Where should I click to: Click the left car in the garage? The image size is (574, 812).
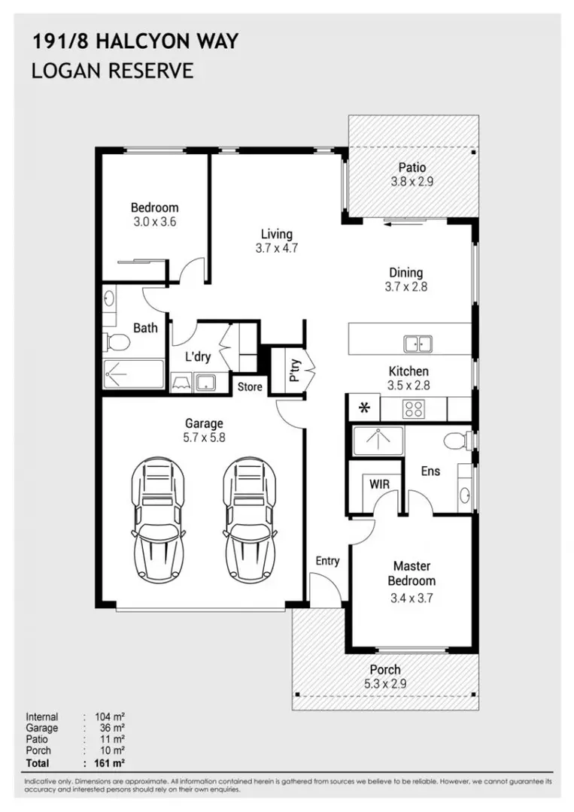tap(158, 519)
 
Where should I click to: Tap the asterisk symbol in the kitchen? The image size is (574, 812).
tap(366, 408)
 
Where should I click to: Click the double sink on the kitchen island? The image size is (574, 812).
tap(418, 344)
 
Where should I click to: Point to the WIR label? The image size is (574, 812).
tap(379, 484)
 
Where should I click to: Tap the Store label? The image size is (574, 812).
tap(250, 386)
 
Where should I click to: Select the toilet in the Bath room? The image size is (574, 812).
tap(116, 342)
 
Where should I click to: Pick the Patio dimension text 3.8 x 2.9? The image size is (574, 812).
tap(412, 181)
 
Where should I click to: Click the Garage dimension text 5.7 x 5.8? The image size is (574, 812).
tap(205, 438)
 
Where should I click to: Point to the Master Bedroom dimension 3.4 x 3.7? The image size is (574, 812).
tap(412, 598)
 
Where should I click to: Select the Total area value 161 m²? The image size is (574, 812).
tap(111, 763)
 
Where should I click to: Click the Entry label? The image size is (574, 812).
tap(327, 561)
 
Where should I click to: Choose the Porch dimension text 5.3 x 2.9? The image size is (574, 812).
tap(384, 683)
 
